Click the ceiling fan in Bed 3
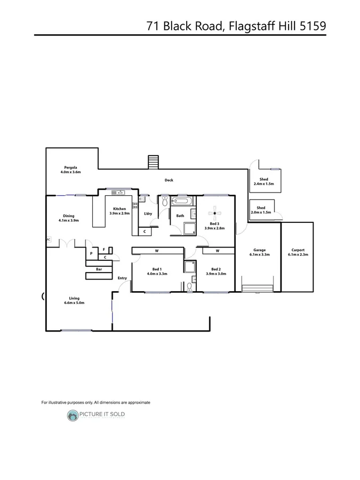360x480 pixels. [x=214, y=210]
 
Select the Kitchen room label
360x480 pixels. [x=119, y=209]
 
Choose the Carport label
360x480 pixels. [x=298, y=250]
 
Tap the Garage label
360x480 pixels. [x=259, y=250]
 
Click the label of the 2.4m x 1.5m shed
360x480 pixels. [x=263, y=179]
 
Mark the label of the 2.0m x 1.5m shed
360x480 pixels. [x=261, y=208]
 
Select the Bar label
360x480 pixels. [x=99, y=269]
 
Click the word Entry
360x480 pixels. [x=122, y=278]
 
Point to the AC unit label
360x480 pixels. [x=49, y=239]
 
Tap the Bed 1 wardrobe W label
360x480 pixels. [x=157, y=250]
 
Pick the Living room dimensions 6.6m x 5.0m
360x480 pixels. [x=74, y=303]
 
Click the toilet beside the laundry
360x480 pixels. [x=165, y=201]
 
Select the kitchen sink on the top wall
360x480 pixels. [x=117, y=192]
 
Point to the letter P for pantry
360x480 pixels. [x=91, y=253]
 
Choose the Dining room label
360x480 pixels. [x=69, y=216]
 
